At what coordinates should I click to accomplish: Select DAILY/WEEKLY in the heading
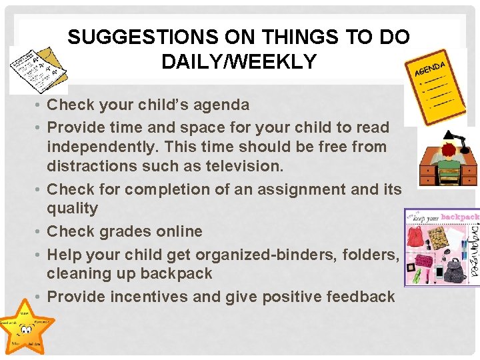239,62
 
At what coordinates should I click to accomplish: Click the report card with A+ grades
36,69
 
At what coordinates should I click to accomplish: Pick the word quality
72,209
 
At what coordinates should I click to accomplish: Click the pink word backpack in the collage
459,217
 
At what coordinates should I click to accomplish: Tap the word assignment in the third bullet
301,189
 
